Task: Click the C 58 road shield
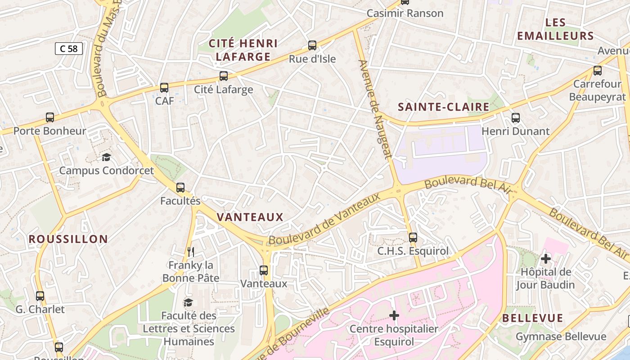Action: pyautogui.click(x=69, y=49)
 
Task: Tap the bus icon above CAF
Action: pyautogui.click(x=164, y=88)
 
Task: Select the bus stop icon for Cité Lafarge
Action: pyautogui.click(x=224, y=76)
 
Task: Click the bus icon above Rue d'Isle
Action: pyautogui.click(x=312, y=45)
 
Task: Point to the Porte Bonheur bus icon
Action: pyautogui.click(x=50, y=117)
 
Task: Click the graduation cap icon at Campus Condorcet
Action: pyautogui.click(x=106, y=157)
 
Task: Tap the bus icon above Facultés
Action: pyautogui.click(x=180, y=188)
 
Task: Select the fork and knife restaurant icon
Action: pyautogui.click(x=191, y=252)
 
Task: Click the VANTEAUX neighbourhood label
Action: pyautogui.click(x=250, y=217)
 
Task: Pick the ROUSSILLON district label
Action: pyautogui.click(x=68, y=239)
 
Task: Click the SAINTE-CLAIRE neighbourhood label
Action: pyautogui.click(x=444, y=107)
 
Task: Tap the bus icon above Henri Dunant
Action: pyautogui.click(x=516, y=118)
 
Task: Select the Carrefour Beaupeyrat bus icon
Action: pyautogui.click(x=598, y=71)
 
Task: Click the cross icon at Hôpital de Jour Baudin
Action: pyautogui.click(x=546, y=259)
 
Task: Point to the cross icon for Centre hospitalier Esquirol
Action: pyautogui.click(x=394, y=315)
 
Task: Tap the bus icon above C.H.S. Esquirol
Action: pyautogui.click(x=413, y=237)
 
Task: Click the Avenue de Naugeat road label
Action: pyautogui.click(x=373, y=109)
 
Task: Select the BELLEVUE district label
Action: pyautogui.click(x=533, y=318)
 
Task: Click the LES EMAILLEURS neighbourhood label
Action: pyautogui.click(x=555, y=29)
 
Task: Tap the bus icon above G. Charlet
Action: pyautogui.click(x=40, y=296)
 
